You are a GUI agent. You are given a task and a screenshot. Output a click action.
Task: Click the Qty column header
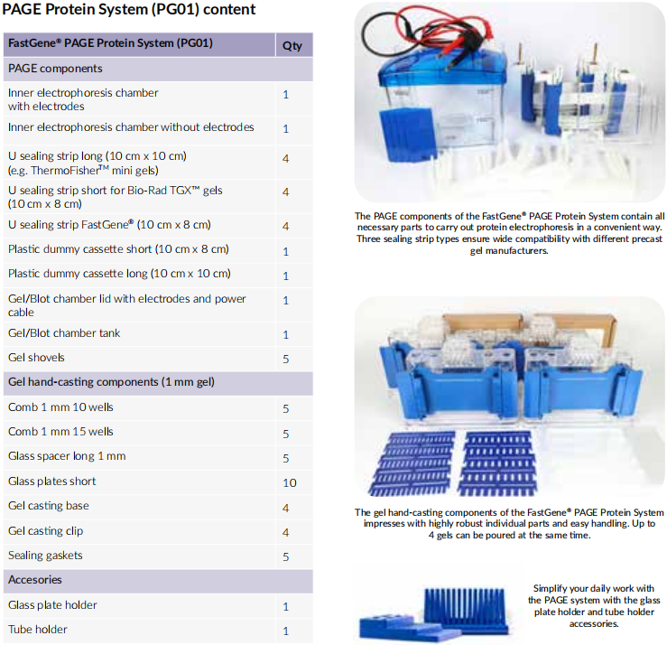292,45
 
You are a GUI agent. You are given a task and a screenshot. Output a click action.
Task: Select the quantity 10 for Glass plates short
289,482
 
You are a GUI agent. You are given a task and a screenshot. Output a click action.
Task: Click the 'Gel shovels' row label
36,357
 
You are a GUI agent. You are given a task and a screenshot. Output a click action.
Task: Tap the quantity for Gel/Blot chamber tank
286,334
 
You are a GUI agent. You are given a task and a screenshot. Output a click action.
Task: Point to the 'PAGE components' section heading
55,69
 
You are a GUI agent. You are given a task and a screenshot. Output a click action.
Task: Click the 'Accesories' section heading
35,579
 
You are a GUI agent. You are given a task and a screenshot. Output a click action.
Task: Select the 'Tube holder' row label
37,630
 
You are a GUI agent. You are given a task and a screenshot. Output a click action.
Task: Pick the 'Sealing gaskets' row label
45,556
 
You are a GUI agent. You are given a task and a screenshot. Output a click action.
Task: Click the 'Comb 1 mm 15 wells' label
60,431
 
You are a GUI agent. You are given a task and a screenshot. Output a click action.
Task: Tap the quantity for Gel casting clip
286,532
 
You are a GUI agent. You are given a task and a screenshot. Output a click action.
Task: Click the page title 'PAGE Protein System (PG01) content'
129,9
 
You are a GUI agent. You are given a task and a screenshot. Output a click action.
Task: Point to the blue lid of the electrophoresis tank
442,68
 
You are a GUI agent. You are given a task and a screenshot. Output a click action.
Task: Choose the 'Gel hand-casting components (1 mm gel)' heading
111,382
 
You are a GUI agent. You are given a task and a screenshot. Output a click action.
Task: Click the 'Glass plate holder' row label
52,605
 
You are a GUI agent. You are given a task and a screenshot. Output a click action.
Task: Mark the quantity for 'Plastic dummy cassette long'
286,276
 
